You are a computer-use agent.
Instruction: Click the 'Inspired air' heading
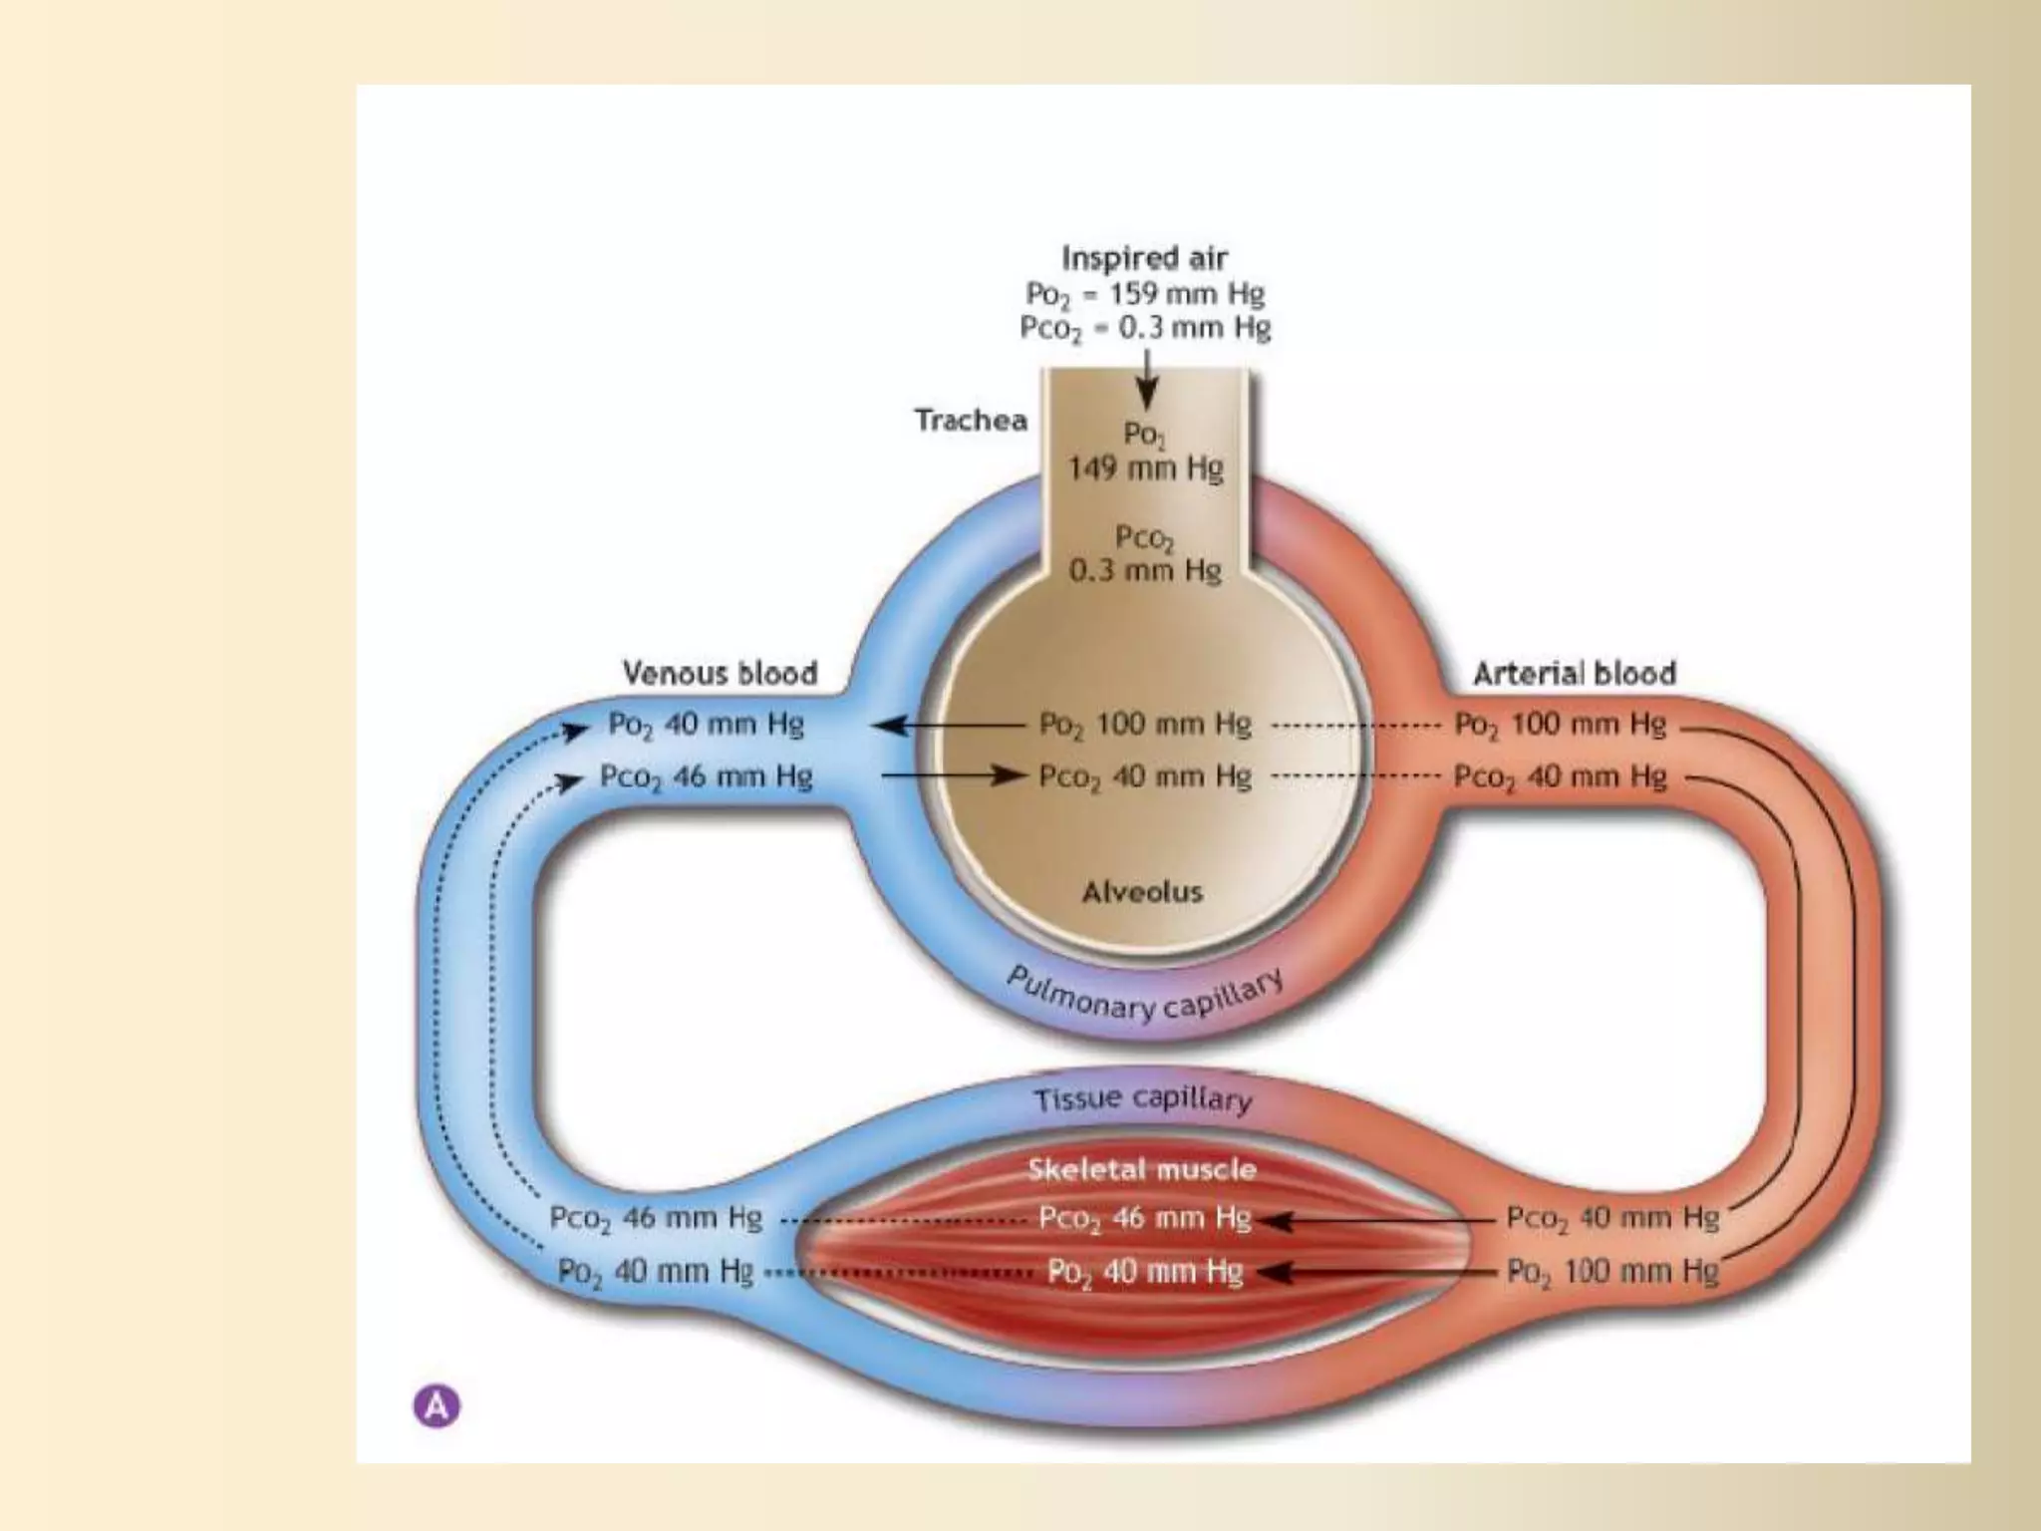coord(1144,258)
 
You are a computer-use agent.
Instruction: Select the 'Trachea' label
coord(971,421)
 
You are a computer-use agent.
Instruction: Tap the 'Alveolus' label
coord(1143,891)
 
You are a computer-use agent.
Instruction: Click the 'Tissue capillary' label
coord(1143,1099)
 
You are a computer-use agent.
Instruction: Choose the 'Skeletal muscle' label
coord(1142,1169)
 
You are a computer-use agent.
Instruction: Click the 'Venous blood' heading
coord(720,673)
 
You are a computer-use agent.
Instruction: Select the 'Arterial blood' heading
coord(1575,674)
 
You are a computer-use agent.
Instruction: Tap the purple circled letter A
coord(437,1406)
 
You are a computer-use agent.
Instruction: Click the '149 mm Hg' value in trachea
coord(1145,467)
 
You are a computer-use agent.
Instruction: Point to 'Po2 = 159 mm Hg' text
coord(1145,294)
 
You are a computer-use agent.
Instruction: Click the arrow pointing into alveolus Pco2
coord(953,775)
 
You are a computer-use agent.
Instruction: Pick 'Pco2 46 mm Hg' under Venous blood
coord(706,776)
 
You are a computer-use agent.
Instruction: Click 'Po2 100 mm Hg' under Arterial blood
coord(1560,724)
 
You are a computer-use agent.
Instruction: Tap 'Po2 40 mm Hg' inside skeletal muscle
coord(1145,1272)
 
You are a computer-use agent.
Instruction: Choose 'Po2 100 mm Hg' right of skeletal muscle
coord(1611,1272)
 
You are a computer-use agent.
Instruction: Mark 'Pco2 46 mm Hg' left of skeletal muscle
coord(656,1218)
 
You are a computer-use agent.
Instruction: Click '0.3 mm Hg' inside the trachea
coord(1145,570)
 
